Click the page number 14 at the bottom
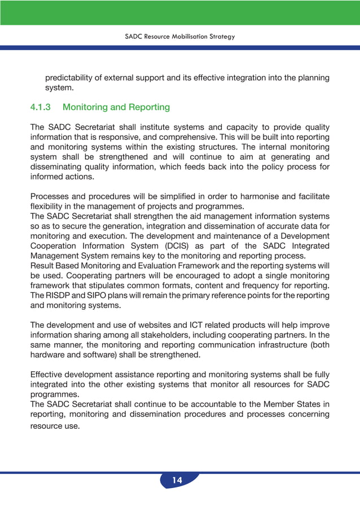click(177, 481)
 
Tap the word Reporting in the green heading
click(149, 107)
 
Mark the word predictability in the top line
click(72, 77)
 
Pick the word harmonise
click(260, 196)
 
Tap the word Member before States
click(269, 405)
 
